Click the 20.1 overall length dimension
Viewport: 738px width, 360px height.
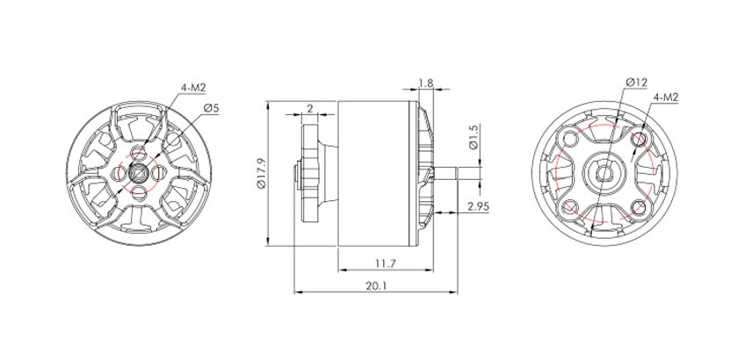376,286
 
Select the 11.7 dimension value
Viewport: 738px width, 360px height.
385,263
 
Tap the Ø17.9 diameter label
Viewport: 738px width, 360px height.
262,174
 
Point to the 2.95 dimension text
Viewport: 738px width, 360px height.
478,205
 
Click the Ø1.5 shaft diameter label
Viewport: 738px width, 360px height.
474,137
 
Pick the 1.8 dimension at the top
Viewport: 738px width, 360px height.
425,83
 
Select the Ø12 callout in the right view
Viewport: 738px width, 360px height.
636,83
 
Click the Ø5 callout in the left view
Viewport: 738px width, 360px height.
212,108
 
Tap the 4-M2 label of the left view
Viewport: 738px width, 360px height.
194,87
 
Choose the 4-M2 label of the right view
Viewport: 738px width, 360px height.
666,97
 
